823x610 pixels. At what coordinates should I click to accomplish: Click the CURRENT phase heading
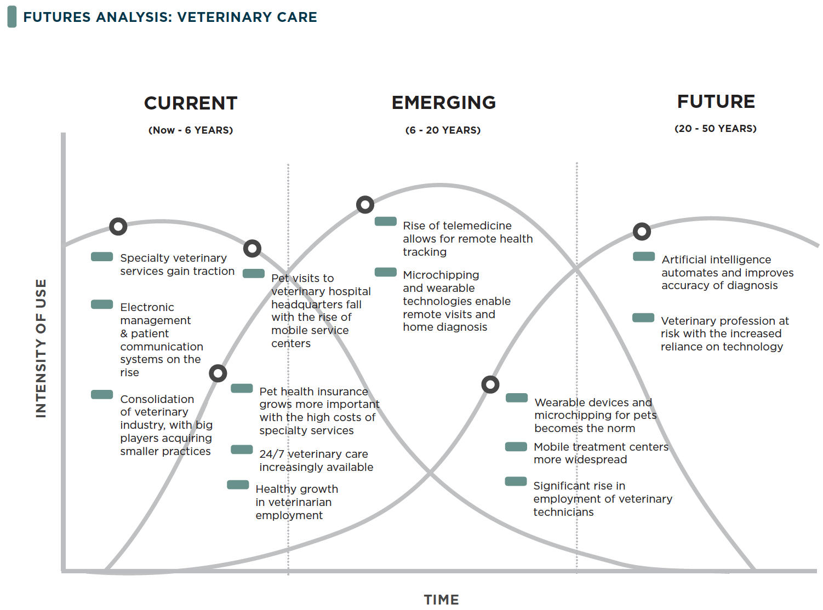click(191, 103)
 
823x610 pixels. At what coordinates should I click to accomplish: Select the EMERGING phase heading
click(444, 102)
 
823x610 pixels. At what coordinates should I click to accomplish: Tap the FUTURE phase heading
click(716, 101)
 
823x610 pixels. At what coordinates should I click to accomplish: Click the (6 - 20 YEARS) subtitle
click(443, 130)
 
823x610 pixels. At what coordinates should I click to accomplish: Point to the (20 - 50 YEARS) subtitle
click(715, 129)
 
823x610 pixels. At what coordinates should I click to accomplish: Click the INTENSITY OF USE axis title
click(41, 348)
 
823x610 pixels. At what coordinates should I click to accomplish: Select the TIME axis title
click(442, 600)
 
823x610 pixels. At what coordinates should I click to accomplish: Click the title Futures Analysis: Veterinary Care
click(170, 17)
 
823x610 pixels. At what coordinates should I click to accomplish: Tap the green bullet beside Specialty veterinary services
click(102, 257)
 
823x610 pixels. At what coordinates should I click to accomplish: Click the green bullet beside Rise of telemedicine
click(386, 221)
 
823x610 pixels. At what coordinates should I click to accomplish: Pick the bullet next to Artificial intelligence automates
click(644, 256)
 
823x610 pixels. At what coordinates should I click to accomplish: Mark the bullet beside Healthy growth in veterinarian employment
click(238, 485)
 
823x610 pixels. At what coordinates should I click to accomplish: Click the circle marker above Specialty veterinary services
click(118, 226)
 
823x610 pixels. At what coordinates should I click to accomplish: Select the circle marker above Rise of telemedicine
click(365, 205)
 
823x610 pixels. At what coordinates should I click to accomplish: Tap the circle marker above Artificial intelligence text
click(642, 232)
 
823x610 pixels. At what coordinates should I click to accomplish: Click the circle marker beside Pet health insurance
click(218, 373)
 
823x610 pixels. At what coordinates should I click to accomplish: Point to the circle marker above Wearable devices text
click(490, 384)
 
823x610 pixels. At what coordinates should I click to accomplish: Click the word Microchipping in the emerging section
click(441, 275)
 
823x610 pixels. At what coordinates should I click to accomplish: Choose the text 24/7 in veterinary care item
click(271, 454)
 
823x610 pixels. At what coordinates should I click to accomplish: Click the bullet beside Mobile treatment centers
click(516, 447)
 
